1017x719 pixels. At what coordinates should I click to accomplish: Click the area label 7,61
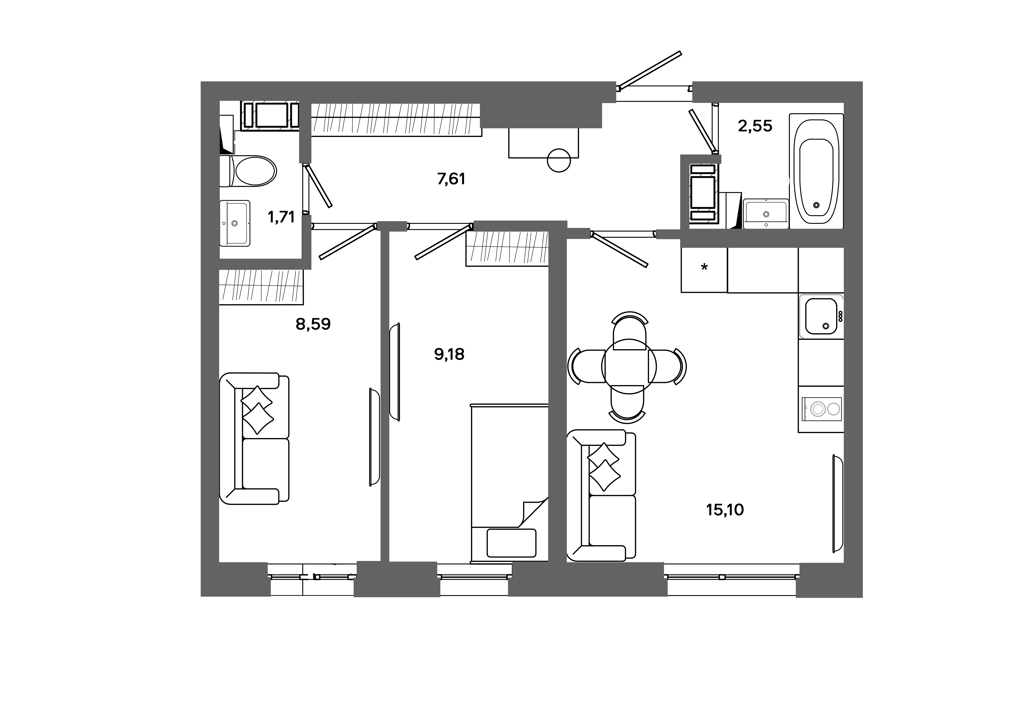pyautogui.click(x=451, y=179)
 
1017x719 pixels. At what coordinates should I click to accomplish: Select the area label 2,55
pyautogui.click(x=755, y=126)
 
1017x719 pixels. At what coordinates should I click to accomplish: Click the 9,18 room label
pyautogui.click(x=449, y=354)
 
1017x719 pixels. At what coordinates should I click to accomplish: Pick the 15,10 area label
pyautogui.click(x=725, y=510)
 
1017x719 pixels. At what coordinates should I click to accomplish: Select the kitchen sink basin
pyautogui.click(x=821, y=316)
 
